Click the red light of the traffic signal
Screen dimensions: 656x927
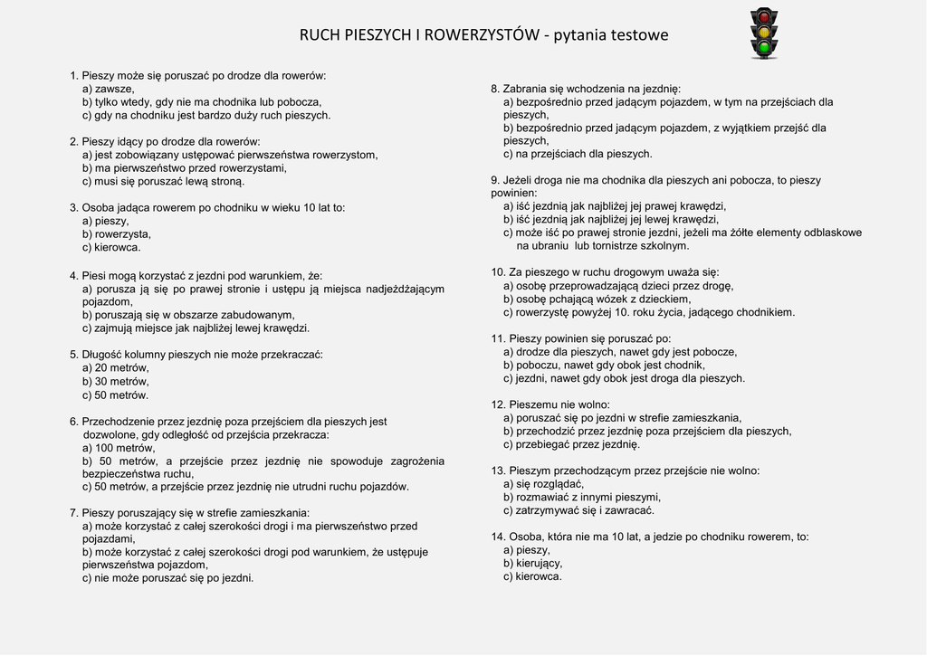click(x=764, y=17)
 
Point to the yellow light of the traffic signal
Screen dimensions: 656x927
click(x=764, y=32)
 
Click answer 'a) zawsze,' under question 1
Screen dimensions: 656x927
click(x=108, y=89)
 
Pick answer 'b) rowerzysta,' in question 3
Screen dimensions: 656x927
click(x=117, y=233)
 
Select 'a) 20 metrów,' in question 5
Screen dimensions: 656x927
click(x=115, y=367)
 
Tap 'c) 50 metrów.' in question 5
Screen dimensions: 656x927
click(x=115, y=395)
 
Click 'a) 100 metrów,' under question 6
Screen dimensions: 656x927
click(x=119, y=447)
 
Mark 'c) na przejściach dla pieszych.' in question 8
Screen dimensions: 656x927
click(x=578, y=154)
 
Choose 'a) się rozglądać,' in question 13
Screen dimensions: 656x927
click(x=543, y=483)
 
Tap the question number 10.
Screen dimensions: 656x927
click(x=497, y=271)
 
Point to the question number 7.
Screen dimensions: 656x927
click(x=73, y=512)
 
